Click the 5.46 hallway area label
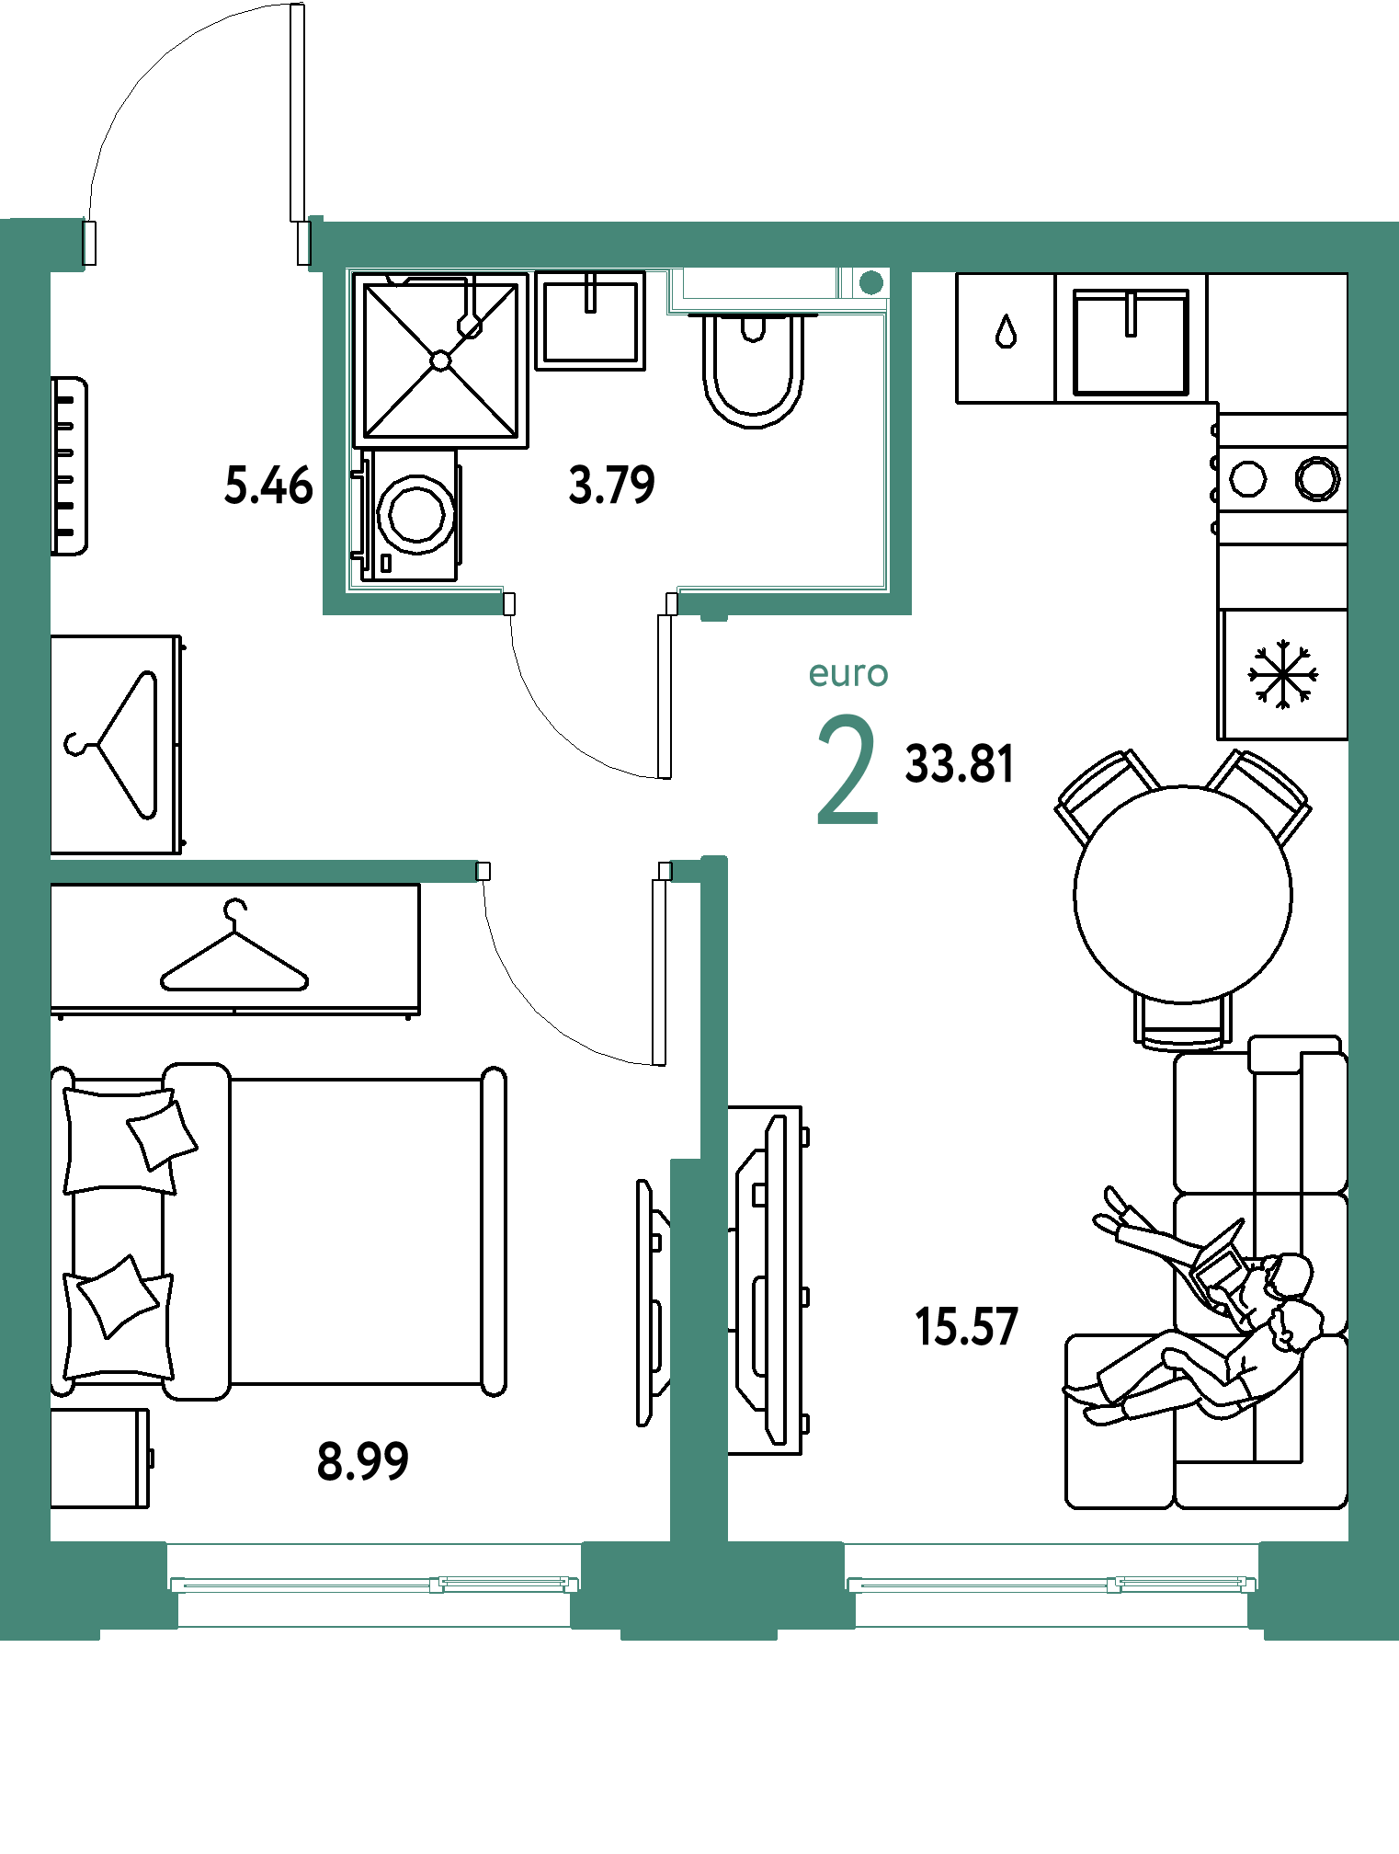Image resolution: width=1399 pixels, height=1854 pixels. [268, 486]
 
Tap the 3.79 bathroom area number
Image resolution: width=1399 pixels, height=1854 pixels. [612, 485]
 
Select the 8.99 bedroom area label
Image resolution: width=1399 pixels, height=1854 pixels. [363, 1461]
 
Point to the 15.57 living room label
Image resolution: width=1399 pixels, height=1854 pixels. [966, 1327]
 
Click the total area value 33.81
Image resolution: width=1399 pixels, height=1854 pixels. [960, 764]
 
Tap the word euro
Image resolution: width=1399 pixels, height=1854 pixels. [848, 674]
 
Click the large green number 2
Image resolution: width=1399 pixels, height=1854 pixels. [847, 770]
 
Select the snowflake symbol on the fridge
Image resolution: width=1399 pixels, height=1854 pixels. [1282, 675]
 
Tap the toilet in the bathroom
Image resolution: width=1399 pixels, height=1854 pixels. [754, 368]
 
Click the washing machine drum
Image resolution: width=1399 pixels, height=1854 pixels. [416, 515]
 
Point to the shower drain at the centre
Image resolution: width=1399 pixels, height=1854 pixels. [441, 360]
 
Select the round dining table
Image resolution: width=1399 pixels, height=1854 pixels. [1183, 894]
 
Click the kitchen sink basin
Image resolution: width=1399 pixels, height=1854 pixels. [1132, 343]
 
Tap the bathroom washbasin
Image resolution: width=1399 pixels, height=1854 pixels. [590, 321]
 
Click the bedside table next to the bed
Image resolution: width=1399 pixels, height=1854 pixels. [99, 1459]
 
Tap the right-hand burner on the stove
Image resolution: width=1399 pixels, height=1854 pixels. [1318, 478]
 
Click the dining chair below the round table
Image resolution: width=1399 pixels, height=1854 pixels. [1183, 1023]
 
